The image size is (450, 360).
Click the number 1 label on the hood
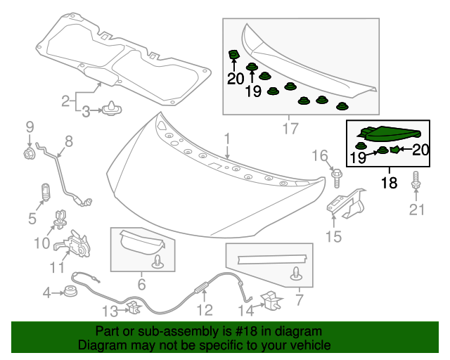pyautogui.click(x=227, y=139)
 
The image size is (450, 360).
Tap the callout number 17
pyautogui.click(x=290, y=129)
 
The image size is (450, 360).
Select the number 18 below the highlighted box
pyautogui.click(x=389, y=183)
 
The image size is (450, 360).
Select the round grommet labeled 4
pyautogui.click(x=71, y=291)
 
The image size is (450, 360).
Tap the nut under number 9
pyautogui.click(x=30, y=153)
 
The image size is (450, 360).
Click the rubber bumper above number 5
pyautogui.click(x=44, y=191)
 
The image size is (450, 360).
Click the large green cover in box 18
pyautogui.click(x=389, y=133)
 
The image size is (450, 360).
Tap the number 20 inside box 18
pyautogui.click(x=420, y=149)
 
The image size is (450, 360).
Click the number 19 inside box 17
pyautogui.click(x=253, y=90)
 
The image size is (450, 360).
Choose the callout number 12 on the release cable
pyautogui.click(x=204, y=310)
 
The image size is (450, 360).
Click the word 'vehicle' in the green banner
pyautogui.click(x=310, y=346)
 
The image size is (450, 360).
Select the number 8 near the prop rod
pyautogui.click(x=69, y=141)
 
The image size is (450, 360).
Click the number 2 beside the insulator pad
pyautogui.click(x=65, y=101)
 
